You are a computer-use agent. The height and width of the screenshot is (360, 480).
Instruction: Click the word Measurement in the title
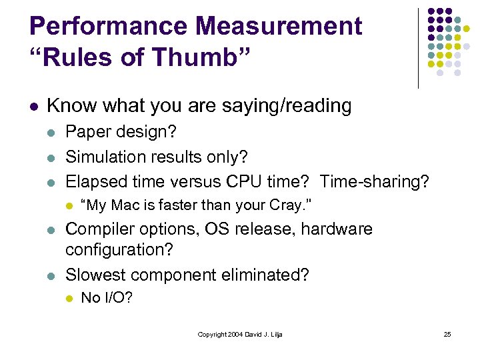click(269, 27)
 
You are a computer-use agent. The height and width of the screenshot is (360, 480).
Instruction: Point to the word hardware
click(337, 229)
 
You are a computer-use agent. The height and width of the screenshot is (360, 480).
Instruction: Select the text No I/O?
click(107, 298)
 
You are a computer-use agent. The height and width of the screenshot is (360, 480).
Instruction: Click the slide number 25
click(447, 334)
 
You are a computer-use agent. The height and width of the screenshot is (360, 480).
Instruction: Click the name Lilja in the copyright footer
click(274, 334)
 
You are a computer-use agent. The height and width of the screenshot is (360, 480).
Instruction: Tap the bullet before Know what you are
click(33, 106)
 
